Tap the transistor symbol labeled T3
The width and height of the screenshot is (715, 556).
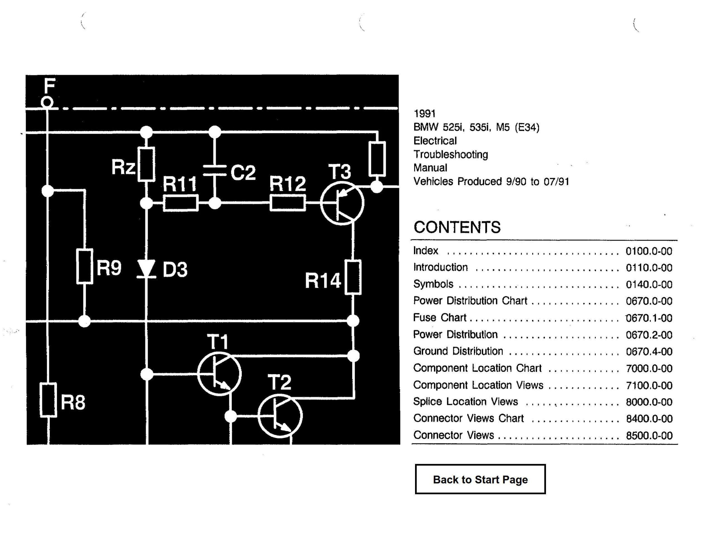342,203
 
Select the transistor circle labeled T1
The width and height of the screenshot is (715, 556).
219,374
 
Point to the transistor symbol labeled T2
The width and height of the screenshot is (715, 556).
280,416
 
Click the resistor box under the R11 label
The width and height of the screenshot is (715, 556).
180,203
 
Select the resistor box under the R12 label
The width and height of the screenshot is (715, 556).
287,203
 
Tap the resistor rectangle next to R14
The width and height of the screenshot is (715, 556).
353,277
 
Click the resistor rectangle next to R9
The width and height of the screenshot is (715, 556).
84,266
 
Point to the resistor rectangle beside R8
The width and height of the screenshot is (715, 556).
48,400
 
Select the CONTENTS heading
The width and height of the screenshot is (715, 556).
457,227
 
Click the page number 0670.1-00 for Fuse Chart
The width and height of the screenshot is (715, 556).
649,318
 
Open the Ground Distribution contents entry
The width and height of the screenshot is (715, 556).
458,351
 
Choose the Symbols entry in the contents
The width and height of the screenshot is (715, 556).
433,284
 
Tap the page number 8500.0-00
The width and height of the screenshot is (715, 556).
649,436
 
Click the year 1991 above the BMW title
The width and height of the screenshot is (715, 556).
425,114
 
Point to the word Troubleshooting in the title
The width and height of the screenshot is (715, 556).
451,154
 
